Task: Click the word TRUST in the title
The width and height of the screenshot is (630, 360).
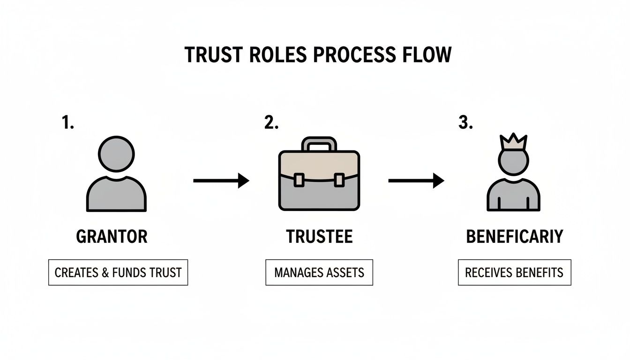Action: click(x=210, y=55)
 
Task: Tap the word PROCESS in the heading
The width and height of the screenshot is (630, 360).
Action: click(x=349, y=55)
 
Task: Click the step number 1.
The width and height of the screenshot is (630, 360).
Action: click(x=67, y=123)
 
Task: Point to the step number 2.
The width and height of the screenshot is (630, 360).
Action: click(x=271, y=123)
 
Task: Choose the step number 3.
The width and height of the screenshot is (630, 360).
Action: click(x=465, y=123)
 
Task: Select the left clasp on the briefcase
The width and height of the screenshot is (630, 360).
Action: click(x=299, y=180)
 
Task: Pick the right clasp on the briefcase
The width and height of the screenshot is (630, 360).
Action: click(x=339, y=180)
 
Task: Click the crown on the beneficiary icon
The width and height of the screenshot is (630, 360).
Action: click(x=514, y=142)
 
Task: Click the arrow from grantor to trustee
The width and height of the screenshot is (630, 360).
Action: click(x=221, y=180)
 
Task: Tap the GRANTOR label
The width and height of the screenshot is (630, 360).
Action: click(x=112, y=237)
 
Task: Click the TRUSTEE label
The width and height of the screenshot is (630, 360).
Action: click(x=319, y=237)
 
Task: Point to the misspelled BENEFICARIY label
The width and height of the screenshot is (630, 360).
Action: click(x=514, y=237)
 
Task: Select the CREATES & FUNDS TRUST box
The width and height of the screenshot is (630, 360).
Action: click(x=118, y=272)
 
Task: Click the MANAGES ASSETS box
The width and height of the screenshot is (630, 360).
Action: click(x=319, y=272)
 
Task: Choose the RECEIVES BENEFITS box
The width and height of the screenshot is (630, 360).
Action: click(x=514, y=272)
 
